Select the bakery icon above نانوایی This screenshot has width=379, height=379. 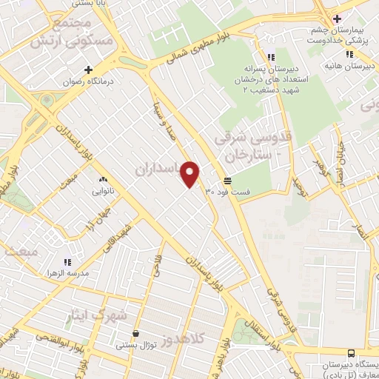(102, 179)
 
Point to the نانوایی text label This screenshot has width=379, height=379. (102, 191)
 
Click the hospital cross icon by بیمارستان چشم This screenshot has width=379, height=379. (338, 19)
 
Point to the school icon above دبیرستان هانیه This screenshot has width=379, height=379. (348, 54)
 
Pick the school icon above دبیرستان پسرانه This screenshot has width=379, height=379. (271, 56)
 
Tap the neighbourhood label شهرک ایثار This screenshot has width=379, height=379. (103, 315)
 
